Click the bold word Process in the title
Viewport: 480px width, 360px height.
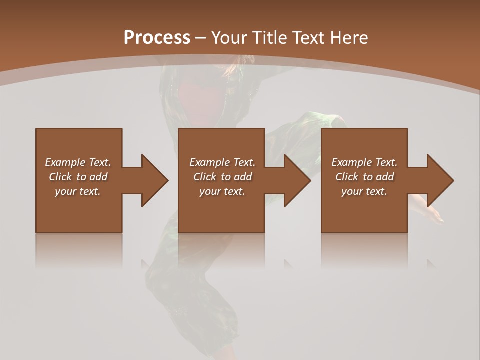pyautogui.click(x=157, y=38)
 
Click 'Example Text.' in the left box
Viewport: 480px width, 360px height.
pyautogui.click(x=78, y=162)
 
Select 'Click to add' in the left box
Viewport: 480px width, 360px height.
pyautogui.click(x=78, y=177)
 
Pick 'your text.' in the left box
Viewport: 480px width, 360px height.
pyautogui.click(x=78, y=191)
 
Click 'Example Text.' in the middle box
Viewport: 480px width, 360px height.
pyautogui.click(x=222, y=162)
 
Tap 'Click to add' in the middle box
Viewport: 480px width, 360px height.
pyautogui.click(x=222, y=177)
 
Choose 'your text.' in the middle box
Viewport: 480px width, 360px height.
pyautogui.click(x=222, y=191)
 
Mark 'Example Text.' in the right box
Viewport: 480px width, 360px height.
pyautogui.click(x=364, y=162)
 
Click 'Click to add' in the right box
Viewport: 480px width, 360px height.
pyautogui.click(x=364, y=177)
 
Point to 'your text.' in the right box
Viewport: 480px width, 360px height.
pyautogui.click(x=364, y=191)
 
